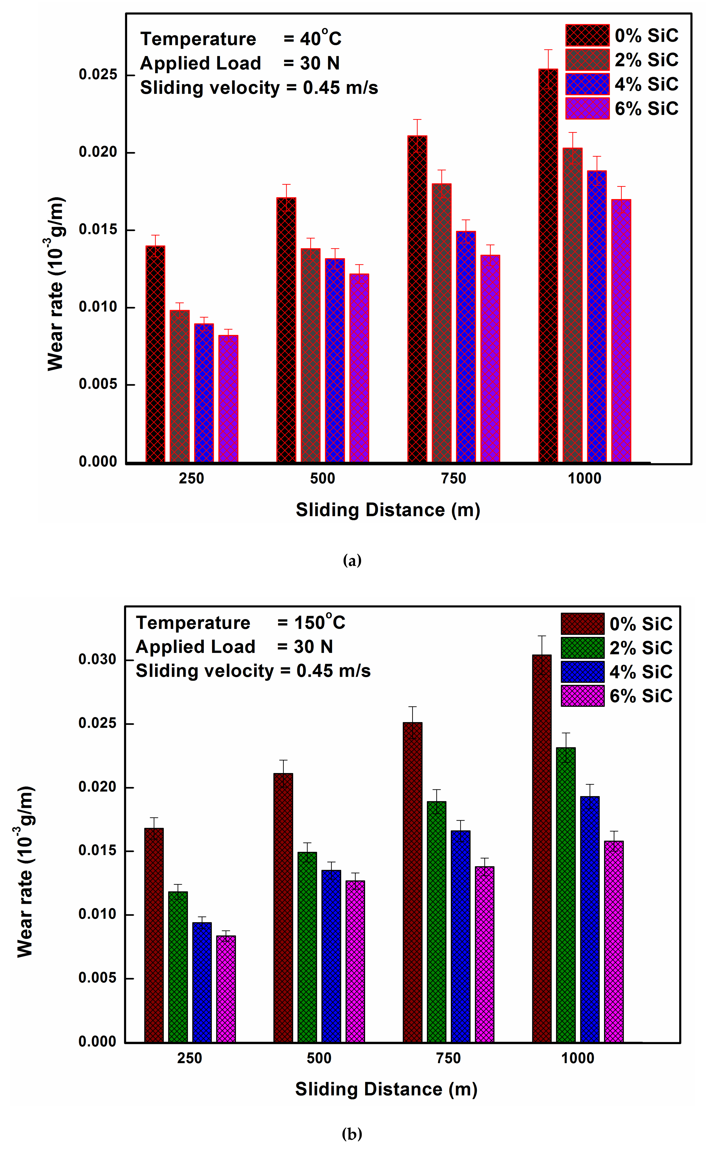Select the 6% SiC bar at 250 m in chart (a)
tap(228, 398)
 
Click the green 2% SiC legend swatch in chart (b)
tap(582, 648)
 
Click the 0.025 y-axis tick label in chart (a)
tap(98, 74)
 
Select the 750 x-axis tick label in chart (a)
tap(454, 478)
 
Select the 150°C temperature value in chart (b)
tap(319, 622)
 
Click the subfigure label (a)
tap(352, 560)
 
